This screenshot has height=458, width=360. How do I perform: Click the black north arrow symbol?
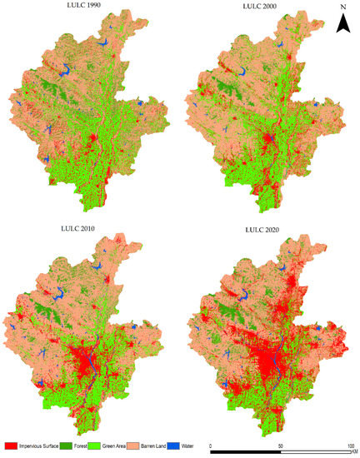(342, 25)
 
